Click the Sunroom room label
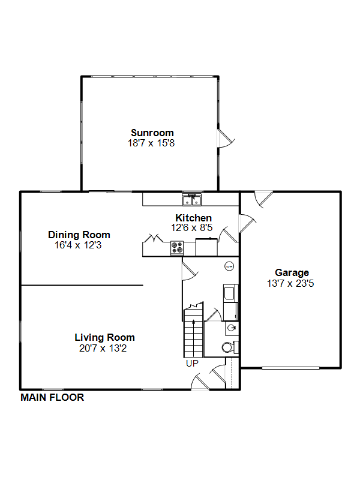coord(152,133)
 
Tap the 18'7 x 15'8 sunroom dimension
coord(151,143)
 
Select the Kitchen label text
coord(193,218)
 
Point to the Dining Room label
coord(79,235)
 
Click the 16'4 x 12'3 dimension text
coord(78,245)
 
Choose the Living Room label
coord(104,337)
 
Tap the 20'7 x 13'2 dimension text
coord(103,348)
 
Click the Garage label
coord(292,273)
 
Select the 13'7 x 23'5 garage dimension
coord(290,283)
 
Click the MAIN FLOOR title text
coord(52,397)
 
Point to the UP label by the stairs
coord(192,364)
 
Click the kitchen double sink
coord(192,200)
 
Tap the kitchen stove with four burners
coord(177,248)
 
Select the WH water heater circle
coord(229,266)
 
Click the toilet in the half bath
coord(230,347)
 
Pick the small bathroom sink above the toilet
coord(232,328)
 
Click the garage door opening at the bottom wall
coord(291,368)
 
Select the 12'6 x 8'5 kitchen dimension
coord(191,228)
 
